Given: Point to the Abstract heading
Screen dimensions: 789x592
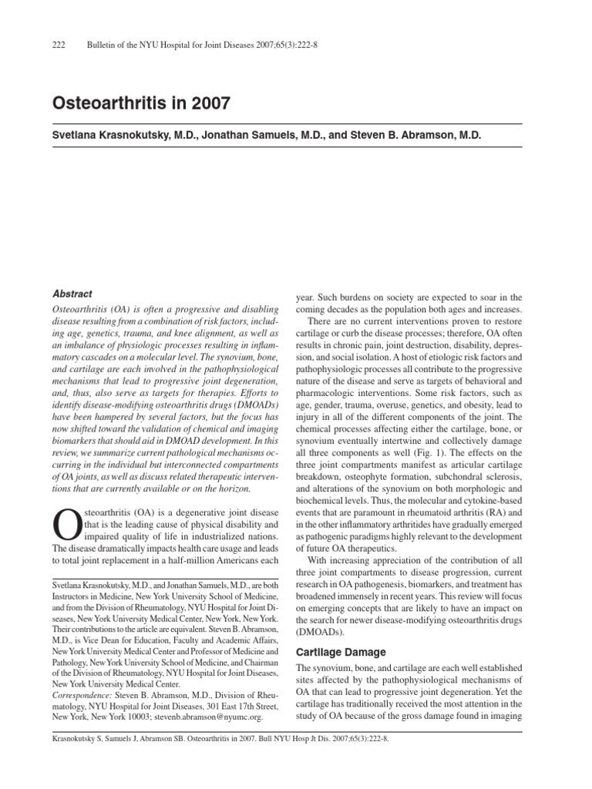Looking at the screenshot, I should (x=72, y=294).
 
